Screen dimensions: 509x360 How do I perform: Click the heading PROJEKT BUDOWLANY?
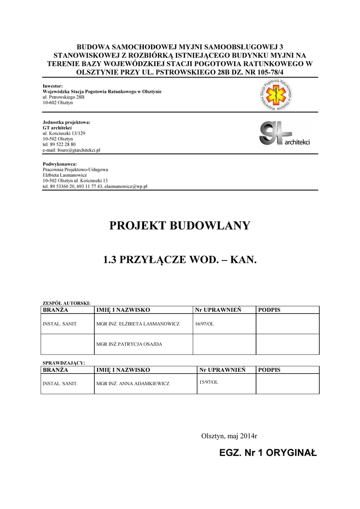[180, 226]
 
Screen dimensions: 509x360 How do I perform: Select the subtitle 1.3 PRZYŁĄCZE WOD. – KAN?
[180, 259]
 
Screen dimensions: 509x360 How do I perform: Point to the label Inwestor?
[53, 86]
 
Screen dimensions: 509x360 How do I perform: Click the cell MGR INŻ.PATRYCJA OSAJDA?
[129, 344]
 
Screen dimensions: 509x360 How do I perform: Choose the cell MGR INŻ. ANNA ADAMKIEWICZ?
[133, 384]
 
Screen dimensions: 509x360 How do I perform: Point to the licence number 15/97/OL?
[208, 382]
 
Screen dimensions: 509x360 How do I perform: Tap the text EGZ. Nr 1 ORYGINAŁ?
[268, 453]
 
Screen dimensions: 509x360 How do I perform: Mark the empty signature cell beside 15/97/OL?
[287, 384]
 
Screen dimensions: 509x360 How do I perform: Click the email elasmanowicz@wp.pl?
[126, 186]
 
